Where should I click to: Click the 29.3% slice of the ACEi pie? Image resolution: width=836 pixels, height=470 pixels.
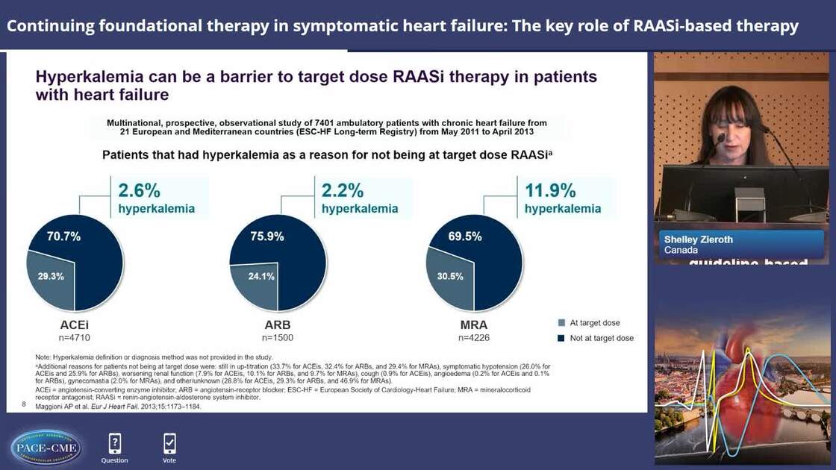tap(51, 275)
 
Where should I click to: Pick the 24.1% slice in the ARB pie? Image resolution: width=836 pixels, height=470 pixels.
tap(254, 275)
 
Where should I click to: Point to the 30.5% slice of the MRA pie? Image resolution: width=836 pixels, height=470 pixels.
tap(451, 275)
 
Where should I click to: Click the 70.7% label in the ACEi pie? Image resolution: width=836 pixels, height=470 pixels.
tap(63, 236)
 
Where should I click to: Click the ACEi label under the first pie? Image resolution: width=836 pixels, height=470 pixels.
tap(75, 325)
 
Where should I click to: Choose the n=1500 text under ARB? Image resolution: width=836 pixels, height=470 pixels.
tap(278, 337)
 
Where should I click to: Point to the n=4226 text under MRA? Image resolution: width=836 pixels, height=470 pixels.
tap(474, 337)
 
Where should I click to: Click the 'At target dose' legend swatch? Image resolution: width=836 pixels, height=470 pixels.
tap(561, 323)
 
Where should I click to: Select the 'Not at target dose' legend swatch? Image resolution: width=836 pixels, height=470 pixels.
tap(561, 338)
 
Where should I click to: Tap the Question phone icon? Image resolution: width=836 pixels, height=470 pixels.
tap(114, 444)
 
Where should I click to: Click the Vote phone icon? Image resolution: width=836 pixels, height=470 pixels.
tap(169, 444)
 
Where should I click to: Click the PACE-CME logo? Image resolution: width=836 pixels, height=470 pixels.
tap(46, 447)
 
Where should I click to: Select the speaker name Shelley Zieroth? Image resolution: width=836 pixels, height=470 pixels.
tap(698, 239)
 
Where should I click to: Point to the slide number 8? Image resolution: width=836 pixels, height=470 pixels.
tap(24, 404)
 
